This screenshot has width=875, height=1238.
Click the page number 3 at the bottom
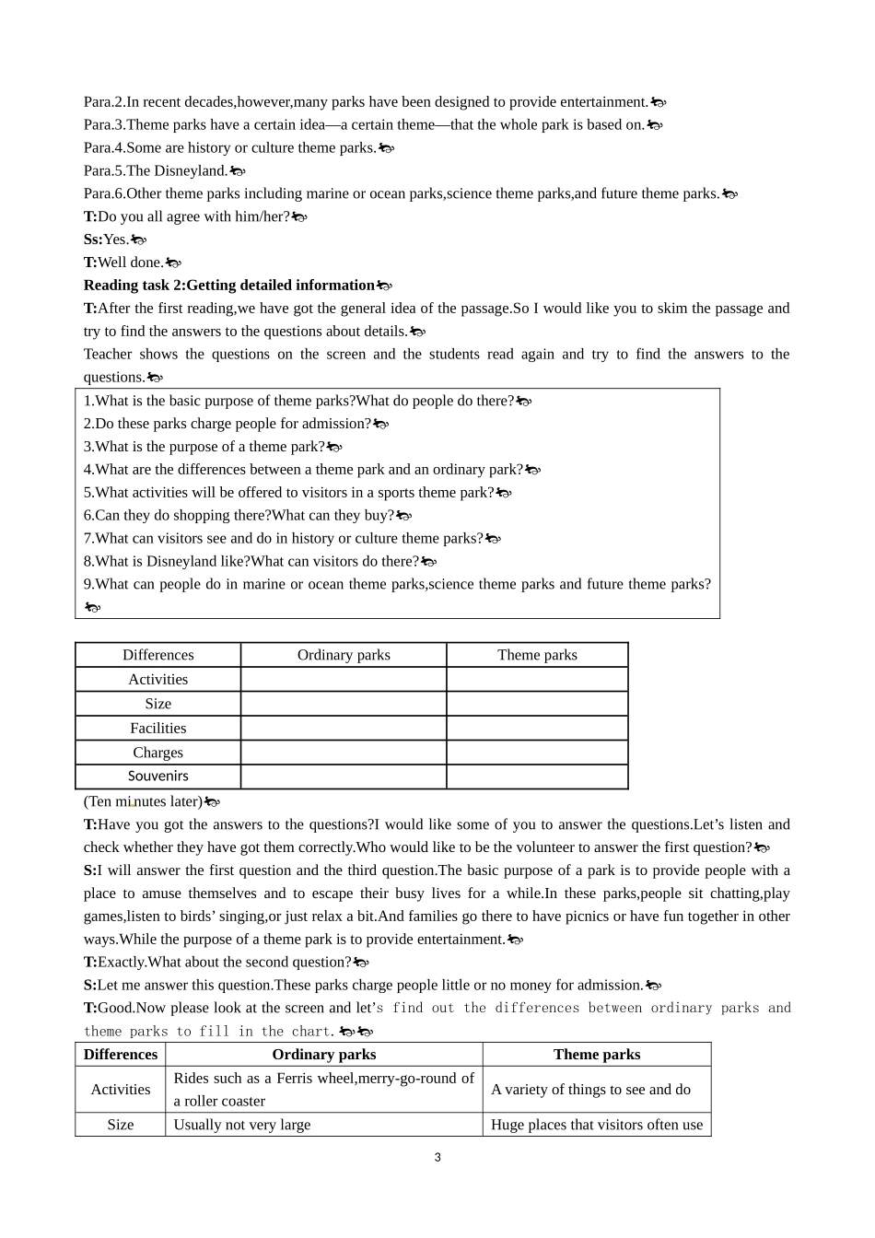point(437,1158)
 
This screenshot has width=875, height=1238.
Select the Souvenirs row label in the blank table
point(157,777)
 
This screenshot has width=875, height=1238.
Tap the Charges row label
point(157,753)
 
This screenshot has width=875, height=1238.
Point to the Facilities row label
point(157,729)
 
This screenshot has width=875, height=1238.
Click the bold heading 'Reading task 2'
point(229,286)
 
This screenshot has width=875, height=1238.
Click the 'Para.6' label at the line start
point(103,193)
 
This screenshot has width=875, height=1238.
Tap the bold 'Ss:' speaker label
point(93,239)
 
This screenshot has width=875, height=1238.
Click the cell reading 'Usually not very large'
point(242,1125)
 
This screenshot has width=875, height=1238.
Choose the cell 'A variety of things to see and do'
point(590,1090)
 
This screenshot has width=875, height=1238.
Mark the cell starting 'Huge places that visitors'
point(596,1125)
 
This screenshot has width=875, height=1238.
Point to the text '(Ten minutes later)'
point(143,802)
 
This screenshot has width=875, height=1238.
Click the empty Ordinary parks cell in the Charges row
point(344,753)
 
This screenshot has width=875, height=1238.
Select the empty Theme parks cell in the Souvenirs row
point(537,777)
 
